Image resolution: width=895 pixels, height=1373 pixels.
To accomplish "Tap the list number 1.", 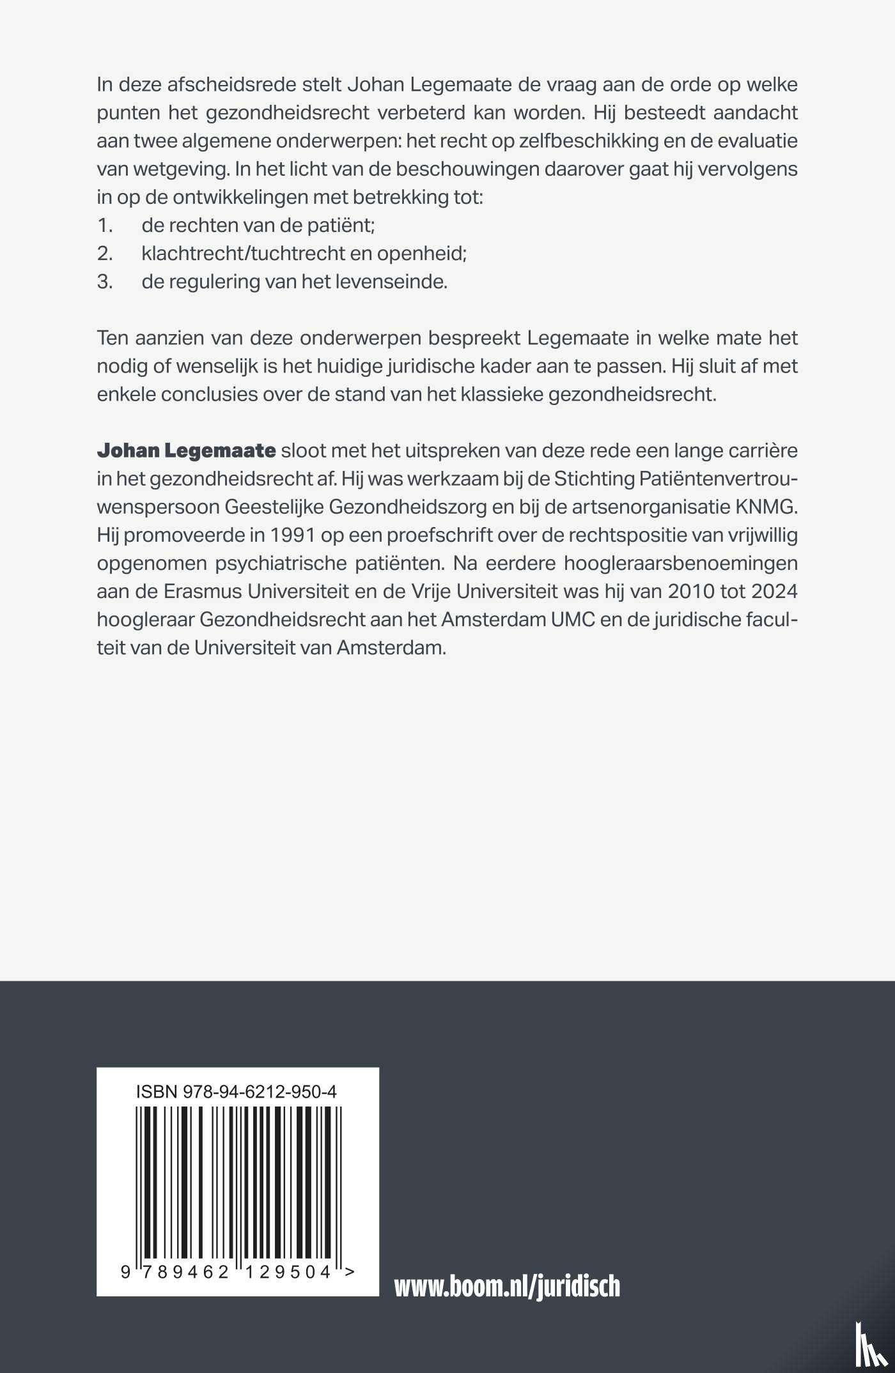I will [x=105, y=226].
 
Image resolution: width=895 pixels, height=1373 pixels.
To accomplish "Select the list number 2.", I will [x=105, y=254].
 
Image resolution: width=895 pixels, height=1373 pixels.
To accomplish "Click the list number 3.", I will [x=105, y=282].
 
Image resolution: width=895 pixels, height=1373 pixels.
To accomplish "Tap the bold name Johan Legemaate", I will [x=186, y=451].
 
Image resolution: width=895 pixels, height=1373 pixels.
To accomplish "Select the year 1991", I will [x=292, y=535].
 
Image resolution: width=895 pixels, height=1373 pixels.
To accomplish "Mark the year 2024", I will [x=774, y=592].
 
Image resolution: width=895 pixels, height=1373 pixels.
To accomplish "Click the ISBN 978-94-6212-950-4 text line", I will [x=237, y=1092].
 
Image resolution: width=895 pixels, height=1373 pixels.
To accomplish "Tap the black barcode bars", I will [x=238, y=1182].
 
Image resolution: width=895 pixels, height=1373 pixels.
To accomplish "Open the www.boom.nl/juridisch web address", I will [x=507, y=1286].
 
